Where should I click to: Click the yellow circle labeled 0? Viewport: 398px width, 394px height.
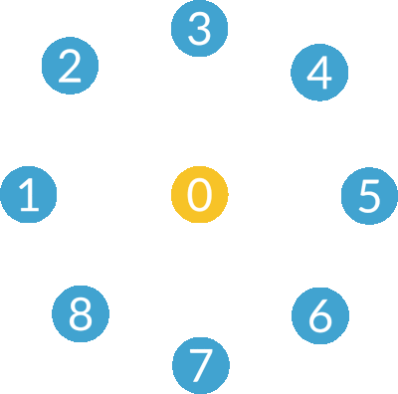pos(199,194)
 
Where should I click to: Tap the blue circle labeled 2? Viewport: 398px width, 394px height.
pos(70,67)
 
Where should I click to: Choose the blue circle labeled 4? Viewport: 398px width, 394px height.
pos(319,72)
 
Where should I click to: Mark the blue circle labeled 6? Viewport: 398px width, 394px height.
pos(319,315)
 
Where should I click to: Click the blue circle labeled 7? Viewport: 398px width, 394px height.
pos(200,365)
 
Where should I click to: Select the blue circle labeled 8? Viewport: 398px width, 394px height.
pos(81,314)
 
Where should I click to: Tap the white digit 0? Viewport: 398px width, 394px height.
pos(199,194)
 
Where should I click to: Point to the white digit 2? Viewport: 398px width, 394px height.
pos(70,67)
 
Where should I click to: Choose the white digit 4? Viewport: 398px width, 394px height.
pos(319,72)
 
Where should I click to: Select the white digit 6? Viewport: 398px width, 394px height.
pos(319,315)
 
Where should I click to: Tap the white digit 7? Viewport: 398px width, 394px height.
pos(200,365)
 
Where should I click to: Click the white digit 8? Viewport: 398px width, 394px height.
pos(81,314)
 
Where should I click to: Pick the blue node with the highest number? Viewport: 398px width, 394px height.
pos(81,314)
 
